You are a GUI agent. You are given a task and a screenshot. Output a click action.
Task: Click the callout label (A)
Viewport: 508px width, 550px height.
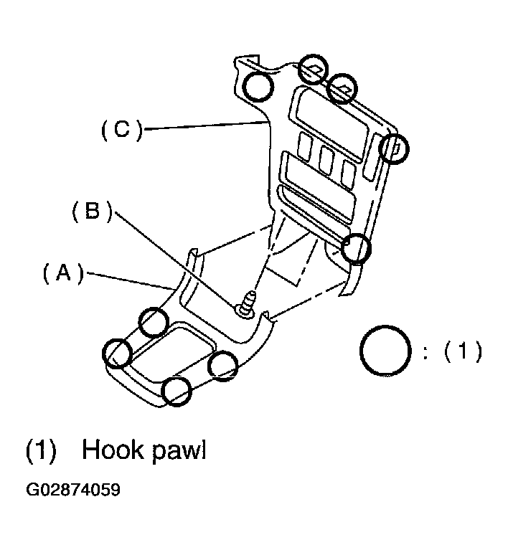pos(63,274)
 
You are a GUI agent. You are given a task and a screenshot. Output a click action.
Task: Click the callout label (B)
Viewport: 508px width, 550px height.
pos(92,212)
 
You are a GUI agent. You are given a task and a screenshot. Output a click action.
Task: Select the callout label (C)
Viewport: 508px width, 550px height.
pos(122,129)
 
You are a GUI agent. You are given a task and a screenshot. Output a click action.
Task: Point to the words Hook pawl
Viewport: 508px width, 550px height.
pos(144,450)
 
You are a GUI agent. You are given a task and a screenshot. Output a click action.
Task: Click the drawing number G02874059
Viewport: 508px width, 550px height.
pos(73,490)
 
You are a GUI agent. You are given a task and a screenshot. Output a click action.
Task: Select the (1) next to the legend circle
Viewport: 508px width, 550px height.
pos(464,351)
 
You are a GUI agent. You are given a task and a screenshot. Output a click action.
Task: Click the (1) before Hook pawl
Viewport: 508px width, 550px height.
pos(41,450)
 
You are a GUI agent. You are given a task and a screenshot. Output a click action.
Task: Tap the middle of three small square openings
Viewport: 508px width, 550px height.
pos(326,160)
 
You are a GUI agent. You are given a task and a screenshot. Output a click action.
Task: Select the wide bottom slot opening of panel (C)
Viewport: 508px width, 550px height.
pos(316,207)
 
